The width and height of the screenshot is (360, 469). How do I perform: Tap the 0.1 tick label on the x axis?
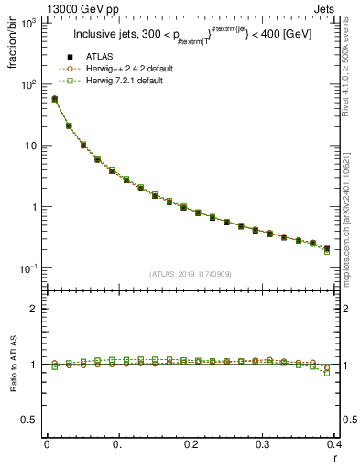coord(118,445)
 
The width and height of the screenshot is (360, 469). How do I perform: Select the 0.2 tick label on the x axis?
coord(191,445)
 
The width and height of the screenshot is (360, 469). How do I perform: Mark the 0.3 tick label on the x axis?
coord(263,445)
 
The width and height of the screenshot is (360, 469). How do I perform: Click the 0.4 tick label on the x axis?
coord(335,445)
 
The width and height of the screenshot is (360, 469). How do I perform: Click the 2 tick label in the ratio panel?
coord(35,309)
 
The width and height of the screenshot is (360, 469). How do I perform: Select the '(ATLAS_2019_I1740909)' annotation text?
coord(191,274)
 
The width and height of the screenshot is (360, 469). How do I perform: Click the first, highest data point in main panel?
coord(54,99)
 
